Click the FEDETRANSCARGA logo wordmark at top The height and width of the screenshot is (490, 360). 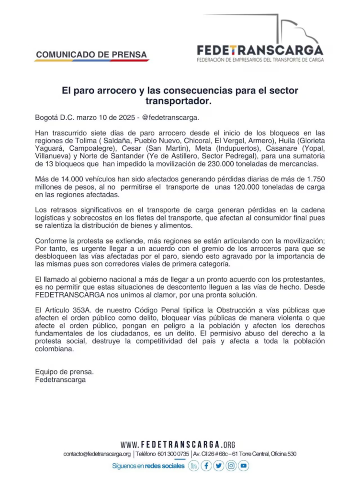click(260, 50)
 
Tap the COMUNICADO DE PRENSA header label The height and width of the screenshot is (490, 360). click(91, 55)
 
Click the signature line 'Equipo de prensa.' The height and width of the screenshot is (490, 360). click(65, 371)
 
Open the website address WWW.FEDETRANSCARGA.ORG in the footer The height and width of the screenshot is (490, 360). click(178, 445)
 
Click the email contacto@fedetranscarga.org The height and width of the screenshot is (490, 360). click(97, 454)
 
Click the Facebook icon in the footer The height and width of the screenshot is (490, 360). click(206, 466)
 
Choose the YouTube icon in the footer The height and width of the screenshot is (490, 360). click(244, 466)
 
